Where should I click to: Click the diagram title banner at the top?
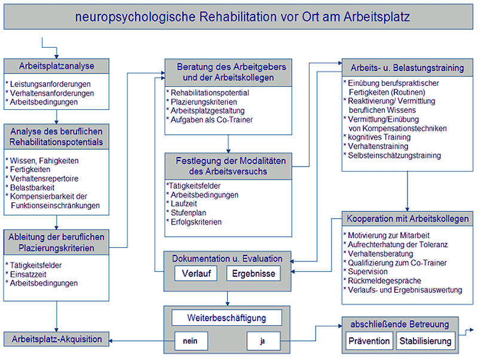[x=238, y=17]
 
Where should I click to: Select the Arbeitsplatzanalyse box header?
[x=56, y=66]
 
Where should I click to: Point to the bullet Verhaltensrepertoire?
[x=42, y=179]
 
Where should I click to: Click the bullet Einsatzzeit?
[x=26, y=274]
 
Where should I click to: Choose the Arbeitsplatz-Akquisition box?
[x=56, y=339]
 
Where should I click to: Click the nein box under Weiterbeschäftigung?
[x=191, y=341]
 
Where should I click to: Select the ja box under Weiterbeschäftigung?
[x=263, y=341]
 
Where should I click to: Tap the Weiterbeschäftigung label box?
[x=226, y=318]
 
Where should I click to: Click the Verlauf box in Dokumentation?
[x=196, y=273]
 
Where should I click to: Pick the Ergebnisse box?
[x=253, y=273]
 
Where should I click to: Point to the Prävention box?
[x=369, y=341]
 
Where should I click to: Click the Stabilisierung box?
[x=425, y=341]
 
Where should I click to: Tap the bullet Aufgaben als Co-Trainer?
[x=210, y=120]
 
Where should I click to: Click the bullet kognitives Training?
[x=377, y=137]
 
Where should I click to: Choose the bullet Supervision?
[x=366, y=272]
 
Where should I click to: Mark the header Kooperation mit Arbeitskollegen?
[x=407, y=219]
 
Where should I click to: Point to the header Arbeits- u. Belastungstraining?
[x=407, y=67]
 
